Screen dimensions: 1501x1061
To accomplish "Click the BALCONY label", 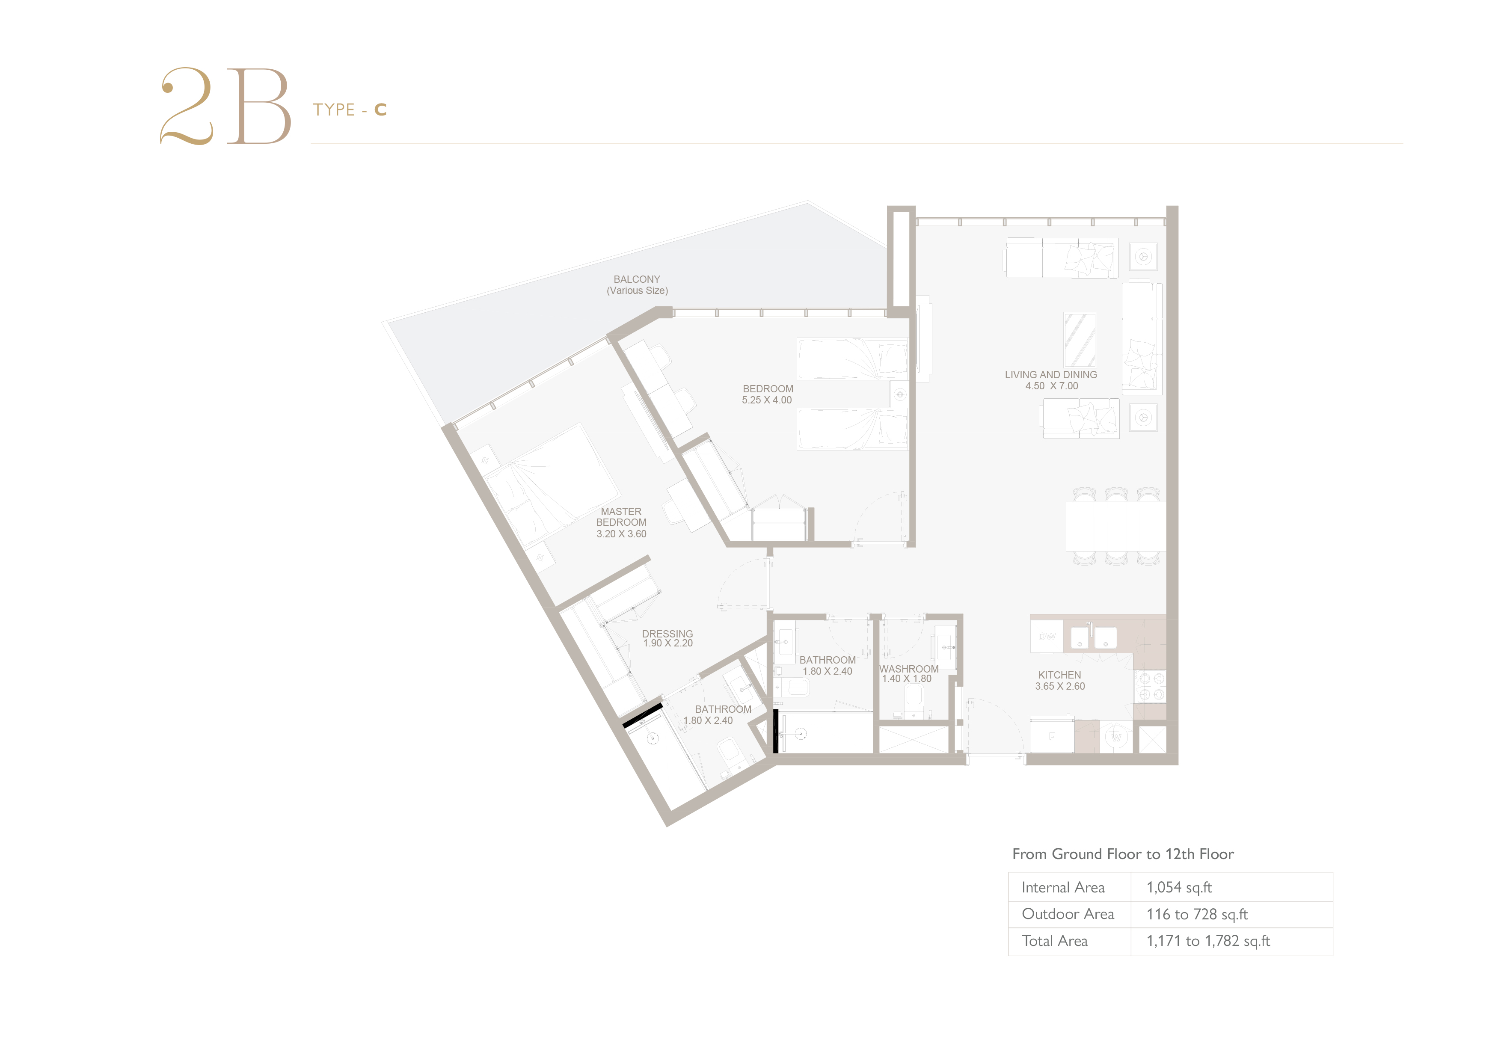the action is pos(637,279).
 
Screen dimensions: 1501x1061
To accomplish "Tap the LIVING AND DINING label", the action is pos(1050,375).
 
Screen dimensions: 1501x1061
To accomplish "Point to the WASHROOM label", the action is pos(909,669).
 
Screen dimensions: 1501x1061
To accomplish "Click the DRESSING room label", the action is pos(667,634).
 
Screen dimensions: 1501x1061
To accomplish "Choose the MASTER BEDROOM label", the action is pos(621,517).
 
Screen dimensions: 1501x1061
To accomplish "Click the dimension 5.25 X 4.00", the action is pos(767,400).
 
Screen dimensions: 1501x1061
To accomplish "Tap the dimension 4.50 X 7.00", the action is pos(1051,386).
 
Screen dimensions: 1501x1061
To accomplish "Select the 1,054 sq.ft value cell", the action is pos(1179,887).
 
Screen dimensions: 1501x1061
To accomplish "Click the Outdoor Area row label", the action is pos(1068,914).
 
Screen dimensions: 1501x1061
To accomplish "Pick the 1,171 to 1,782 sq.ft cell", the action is pos(1208,941).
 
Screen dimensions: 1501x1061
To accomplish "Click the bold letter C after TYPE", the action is pos(380,110).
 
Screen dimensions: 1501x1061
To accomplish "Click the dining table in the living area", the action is pos(1116,526).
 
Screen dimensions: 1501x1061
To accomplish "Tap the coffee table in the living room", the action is pos(1080,340).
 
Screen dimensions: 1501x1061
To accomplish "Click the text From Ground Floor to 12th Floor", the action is pos(1122,854).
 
